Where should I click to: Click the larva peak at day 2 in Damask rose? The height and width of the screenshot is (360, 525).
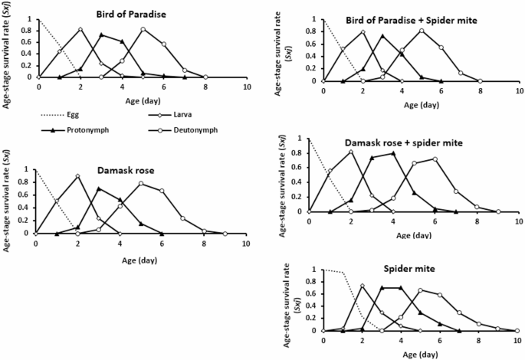click(77, 176)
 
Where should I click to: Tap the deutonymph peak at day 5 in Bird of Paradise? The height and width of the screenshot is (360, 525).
click(143, 29)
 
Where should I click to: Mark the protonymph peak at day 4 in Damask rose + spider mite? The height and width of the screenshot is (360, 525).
click(393, 153)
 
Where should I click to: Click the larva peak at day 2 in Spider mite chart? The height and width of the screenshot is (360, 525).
click(363, 286)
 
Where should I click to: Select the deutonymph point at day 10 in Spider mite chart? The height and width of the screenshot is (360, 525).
click(517, 331)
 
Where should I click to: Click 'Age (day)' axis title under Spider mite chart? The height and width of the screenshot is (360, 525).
click(420, 353)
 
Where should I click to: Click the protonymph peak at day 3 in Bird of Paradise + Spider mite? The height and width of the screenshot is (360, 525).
click(383, 36)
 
